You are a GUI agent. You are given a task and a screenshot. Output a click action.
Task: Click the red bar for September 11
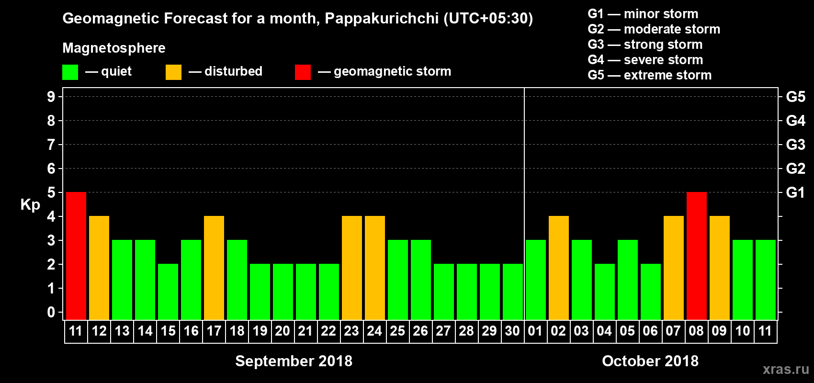(x=76, y=256)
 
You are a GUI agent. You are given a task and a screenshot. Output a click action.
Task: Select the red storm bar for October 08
(x=697, y=256)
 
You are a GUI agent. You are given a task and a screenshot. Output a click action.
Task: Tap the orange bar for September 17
(x=214, y=268)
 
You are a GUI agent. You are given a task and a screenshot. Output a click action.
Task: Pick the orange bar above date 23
(x=352, y=268)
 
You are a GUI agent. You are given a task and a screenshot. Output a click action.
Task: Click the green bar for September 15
(x=168, y=292)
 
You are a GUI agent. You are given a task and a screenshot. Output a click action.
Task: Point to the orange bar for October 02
(x=559, y=268)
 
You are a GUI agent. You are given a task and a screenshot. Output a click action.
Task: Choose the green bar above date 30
(x=513, y=292)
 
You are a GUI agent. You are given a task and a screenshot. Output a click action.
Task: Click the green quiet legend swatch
(x=70, y=72)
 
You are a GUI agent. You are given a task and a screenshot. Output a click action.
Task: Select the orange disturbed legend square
(x=173, y=72)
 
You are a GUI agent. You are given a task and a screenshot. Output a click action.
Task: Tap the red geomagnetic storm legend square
(x=303, y=72)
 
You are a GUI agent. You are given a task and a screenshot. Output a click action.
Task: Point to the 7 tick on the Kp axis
(x=51, y=145)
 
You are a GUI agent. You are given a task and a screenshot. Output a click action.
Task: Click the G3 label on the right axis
(x=795, y=145)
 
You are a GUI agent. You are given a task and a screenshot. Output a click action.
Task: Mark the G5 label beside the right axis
(x=795, y=97)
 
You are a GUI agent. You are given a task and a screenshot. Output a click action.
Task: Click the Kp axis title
(x=30, y=204)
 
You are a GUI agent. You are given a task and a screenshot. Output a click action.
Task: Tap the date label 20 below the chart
(x=283, y=331)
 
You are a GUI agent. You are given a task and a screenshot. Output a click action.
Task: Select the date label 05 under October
(x=627, y=331)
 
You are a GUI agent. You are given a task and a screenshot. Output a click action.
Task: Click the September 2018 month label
(x=294, y=361)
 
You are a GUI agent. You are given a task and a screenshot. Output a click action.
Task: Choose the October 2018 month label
(x=650, y=361)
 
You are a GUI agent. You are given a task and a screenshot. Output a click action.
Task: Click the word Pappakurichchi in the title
(x=382, y=18)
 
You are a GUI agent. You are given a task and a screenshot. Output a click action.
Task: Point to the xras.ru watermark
(x=786, y=369)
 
